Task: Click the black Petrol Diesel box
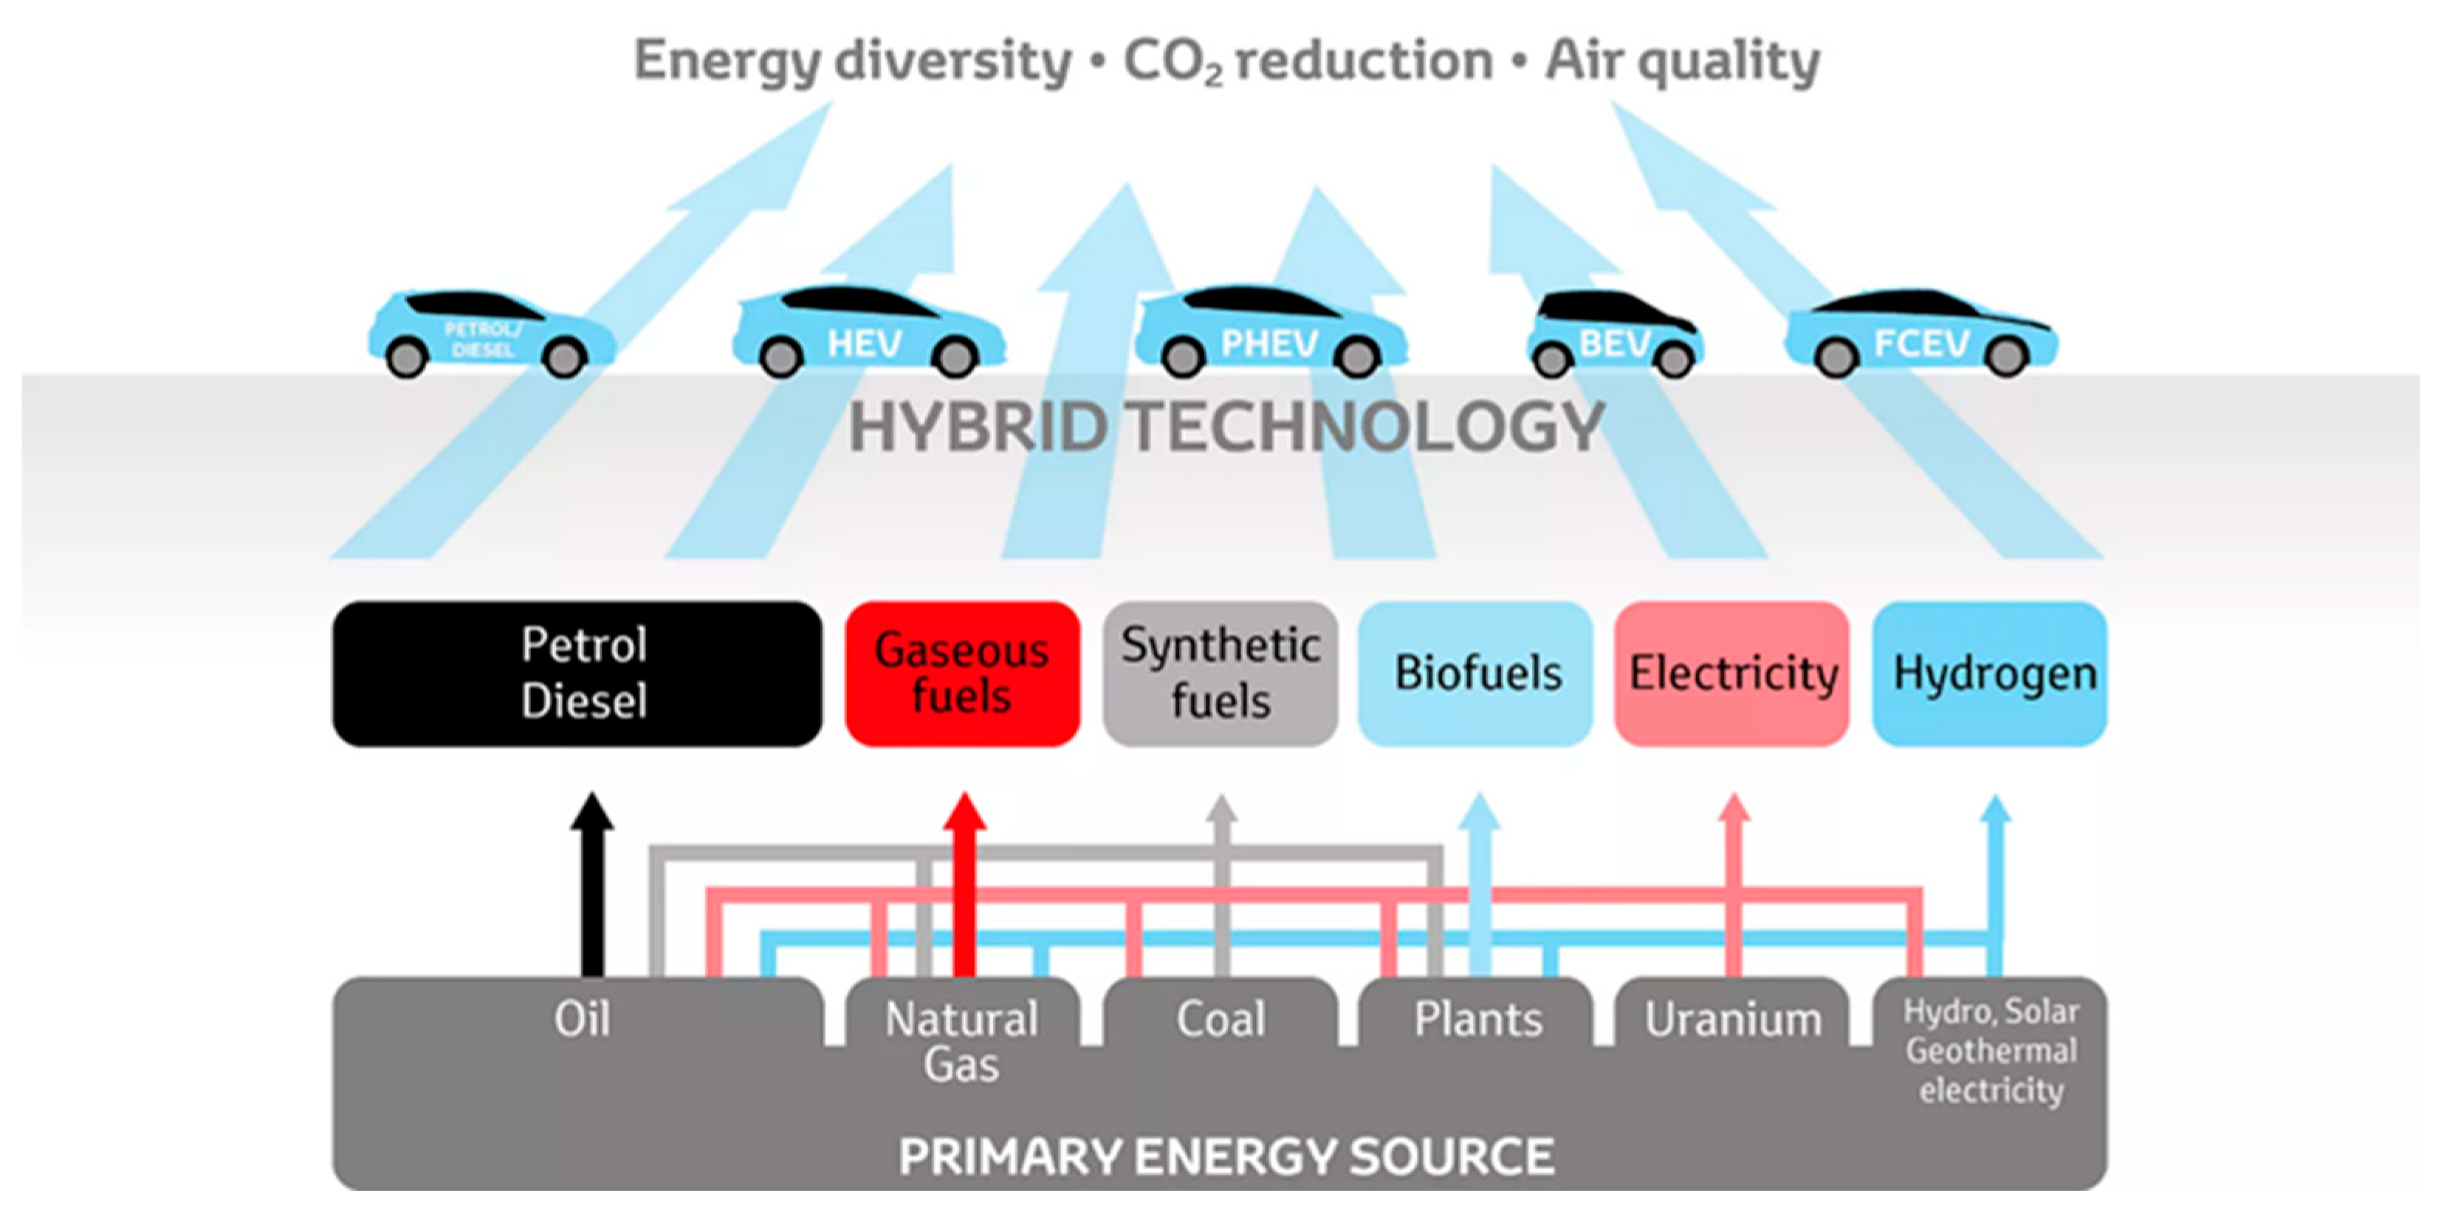click(577, 673)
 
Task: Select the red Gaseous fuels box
click(962, 673)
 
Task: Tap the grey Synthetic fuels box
click(1220, 673)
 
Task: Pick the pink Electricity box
click(1732, 673)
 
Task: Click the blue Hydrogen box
click(1991, 673)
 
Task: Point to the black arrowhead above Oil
click(592, 813)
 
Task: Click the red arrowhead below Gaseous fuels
click(964, 813)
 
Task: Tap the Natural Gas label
click(962, 1041)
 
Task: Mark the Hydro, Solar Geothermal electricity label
click(1991, 1051)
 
